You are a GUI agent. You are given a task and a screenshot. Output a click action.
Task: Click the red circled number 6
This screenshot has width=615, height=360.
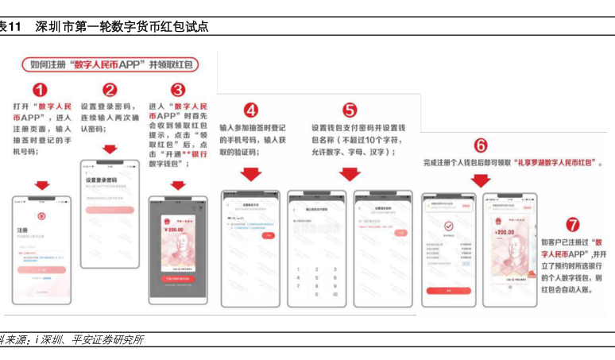point(481,145)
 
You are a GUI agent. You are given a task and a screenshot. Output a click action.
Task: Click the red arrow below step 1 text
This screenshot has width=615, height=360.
point(41,185)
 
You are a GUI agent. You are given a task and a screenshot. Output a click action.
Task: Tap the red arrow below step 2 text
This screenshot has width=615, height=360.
point(110,149)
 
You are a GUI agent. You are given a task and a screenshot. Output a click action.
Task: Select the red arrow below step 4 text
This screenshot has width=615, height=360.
point(251,172)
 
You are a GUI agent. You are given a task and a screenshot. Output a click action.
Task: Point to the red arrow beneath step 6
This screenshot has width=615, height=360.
point(481,180)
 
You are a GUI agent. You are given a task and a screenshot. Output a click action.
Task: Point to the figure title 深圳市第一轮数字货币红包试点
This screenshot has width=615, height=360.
point(122,26)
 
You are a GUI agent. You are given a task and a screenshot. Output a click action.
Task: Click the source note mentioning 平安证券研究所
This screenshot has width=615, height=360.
point(79,339)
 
